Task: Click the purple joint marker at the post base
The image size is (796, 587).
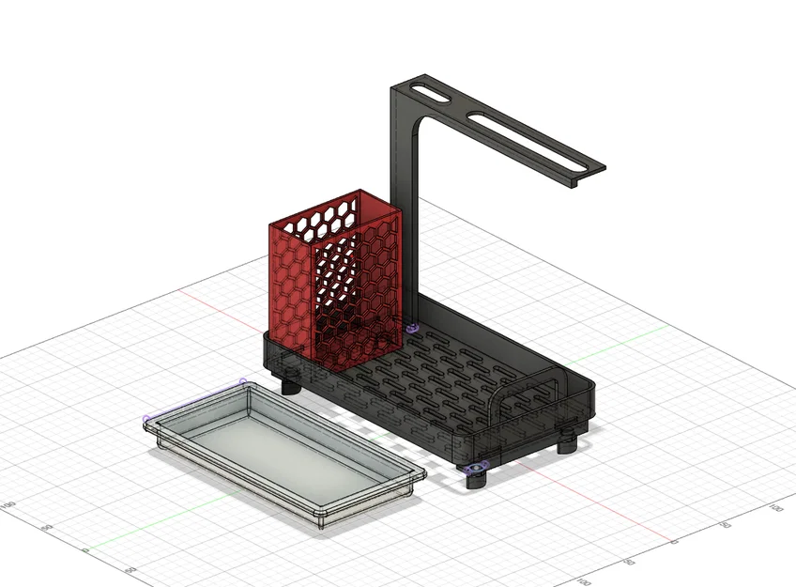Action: pos(414,328)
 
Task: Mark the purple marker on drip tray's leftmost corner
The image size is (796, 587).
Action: pos(146,419)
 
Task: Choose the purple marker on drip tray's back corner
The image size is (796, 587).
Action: pos(242,382)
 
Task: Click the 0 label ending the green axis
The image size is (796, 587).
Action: pos(84,550)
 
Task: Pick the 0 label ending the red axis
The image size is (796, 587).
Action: pos(672,542)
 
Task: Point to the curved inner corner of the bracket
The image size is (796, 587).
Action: pos(421,122)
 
